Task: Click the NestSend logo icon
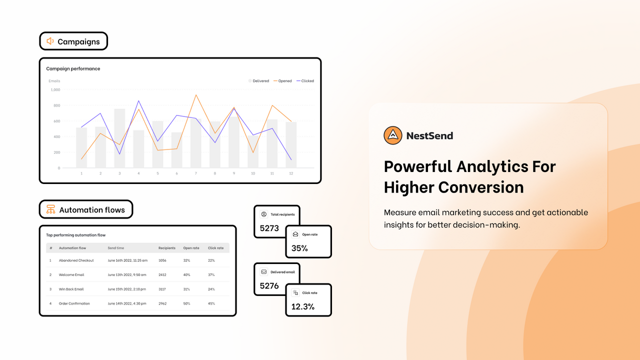click(x=393, y=135)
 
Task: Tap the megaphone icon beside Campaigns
click(x=50, y=41)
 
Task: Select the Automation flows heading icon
click(x=50, y=210)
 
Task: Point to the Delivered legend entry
click(x=258, y=81)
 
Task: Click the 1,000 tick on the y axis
click(x=55, y=90)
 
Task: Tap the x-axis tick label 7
click(x=196, y=173)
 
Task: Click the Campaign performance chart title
click(x=73, y=68)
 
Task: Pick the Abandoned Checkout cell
click(x=76, y=260)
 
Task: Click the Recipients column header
click(x=167, y=248)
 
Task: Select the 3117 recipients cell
click(x=162, y=289)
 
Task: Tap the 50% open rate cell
click(x=187, y=303)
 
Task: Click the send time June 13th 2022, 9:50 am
click(x=127, y=274)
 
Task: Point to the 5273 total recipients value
click(x=269, y=228)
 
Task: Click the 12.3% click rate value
click(x=303, y=306)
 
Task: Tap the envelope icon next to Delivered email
click(x=263, y=272)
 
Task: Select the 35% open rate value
click(x=299, y=248)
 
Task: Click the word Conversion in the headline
click(x=481, y=187)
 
